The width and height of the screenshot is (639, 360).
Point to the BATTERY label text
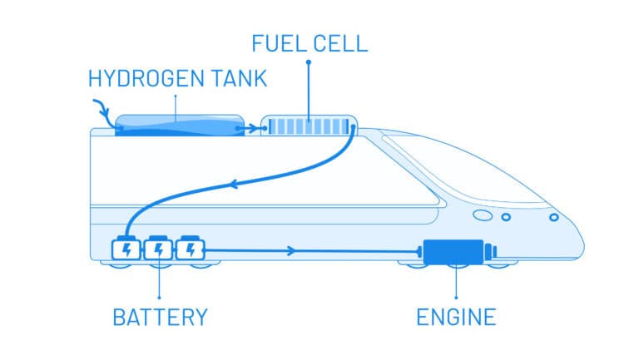160,317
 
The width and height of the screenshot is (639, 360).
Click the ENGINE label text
456,317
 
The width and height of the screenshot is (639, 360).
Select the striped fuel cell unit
309,128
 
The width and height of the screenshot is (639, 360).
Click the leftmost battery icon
126,249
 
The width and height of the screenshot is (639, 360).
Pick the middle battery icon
159,249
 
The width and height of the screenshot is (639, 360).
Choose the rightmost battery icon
191,249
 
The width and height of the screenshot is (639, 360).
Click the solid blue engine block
454,252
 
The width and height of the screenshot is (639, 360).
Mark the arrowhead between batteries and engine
289,249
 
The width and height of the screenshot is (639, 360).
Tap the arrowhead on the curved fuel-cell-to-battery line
235,185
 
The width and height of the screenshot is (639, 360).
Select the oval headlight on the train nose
482,215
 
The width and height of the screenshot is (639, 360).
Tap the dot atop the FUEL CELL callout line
309,62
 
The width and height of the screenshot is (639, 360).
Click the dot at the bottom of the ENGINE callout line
456,297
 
